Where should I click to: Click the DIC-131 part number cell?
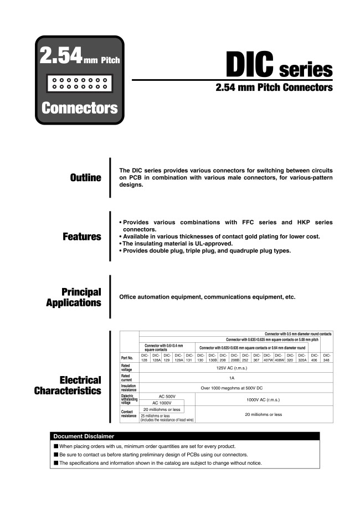click(x=189, y=358)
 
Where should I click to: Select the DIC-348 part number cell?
click(x=327, y=358)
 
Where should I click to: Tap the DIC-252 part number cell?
click(x=245, y=358)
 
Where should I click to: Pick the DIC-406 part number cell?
click(x=314, y=358)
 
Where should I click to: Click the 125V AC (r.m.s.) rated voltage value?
click(x=236, y=367)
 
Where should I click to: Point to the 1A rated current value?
click(x=236, y=377)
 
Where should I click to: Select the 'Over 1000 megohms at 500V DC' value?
click(x=236, y=388)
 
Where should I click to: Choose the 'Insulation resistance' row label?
click(x=129, y=388)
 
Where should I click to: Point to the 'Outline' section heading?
click(x=85, y=178)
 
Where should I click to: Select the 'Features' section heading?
click(x=82, y=236)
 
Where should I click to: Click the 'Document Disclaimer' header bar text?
click(x=84, y=436)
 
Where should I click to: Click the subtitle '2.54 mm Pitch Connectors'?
click(x=274, y=88)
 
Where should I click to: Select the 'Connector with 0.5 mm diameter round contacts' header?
click(x=298, y=334)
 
